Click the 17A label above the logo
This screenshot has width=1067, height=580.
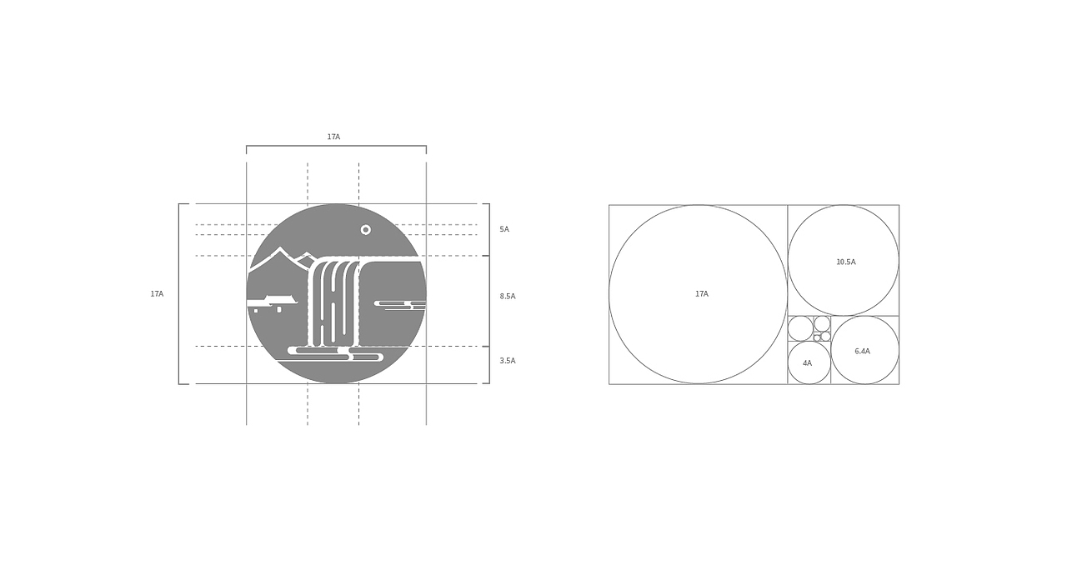click(333, 137)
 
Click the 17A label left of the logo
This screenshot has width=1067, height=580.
click(157, 294)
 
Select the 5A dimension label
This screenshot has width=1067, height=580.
click(504, 229)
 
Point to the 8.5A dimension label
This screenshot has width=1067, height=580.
click(508, 296)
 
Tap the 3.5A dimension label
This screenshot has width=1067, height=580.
click(508, 361)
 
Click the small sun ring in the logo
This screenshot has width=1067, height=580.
click(366, 230)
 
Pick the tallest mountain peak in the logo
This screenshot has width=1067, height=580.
click(280, 248)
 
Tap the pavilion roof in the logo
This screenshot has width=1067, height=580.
click(281, 300)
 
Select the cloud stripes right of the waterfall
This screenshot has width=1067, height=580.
click(400, 305)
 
